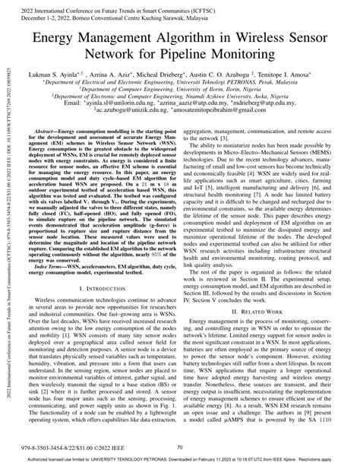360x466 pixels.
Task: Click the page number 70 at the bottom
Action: click(x=180, y=448)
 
